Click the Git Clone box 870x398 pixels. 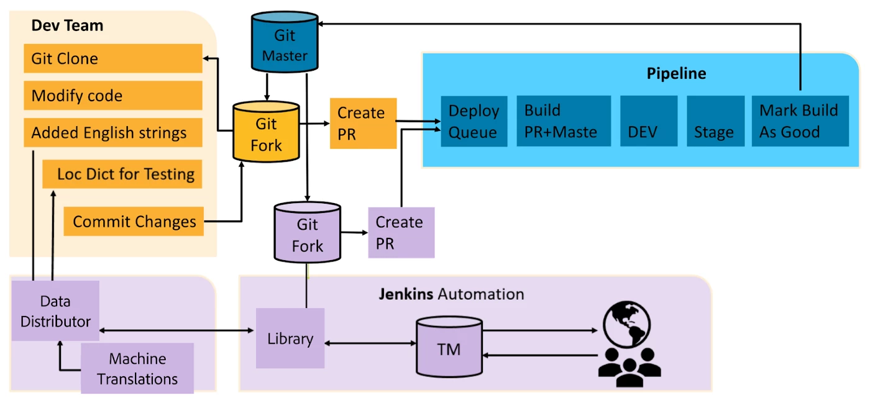click(113, 59)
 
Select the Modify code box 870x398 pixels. click(113, 96)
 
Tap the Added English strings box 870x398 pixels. click(113, 132)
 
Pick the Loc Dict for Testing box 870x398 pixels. click(122, 174)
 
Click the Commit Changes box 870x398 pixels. click(134, 222)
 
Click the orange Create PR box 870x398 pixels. click(363, 123)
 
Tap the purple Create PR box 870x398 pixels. click(401, 232)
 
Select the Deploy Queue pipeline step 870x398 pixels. click(474, 121)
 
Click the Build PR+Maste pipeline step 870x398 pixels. click(563, 121)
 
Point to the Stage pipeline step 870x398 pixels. click(715, 121)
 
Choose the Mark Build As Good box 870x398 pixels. click(800, 121)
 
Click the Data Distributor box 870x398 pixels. click(55, 310)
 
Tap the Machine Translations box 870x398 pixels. click(137, 368)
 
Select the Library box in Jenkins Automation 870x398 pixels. click(290, 338)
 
